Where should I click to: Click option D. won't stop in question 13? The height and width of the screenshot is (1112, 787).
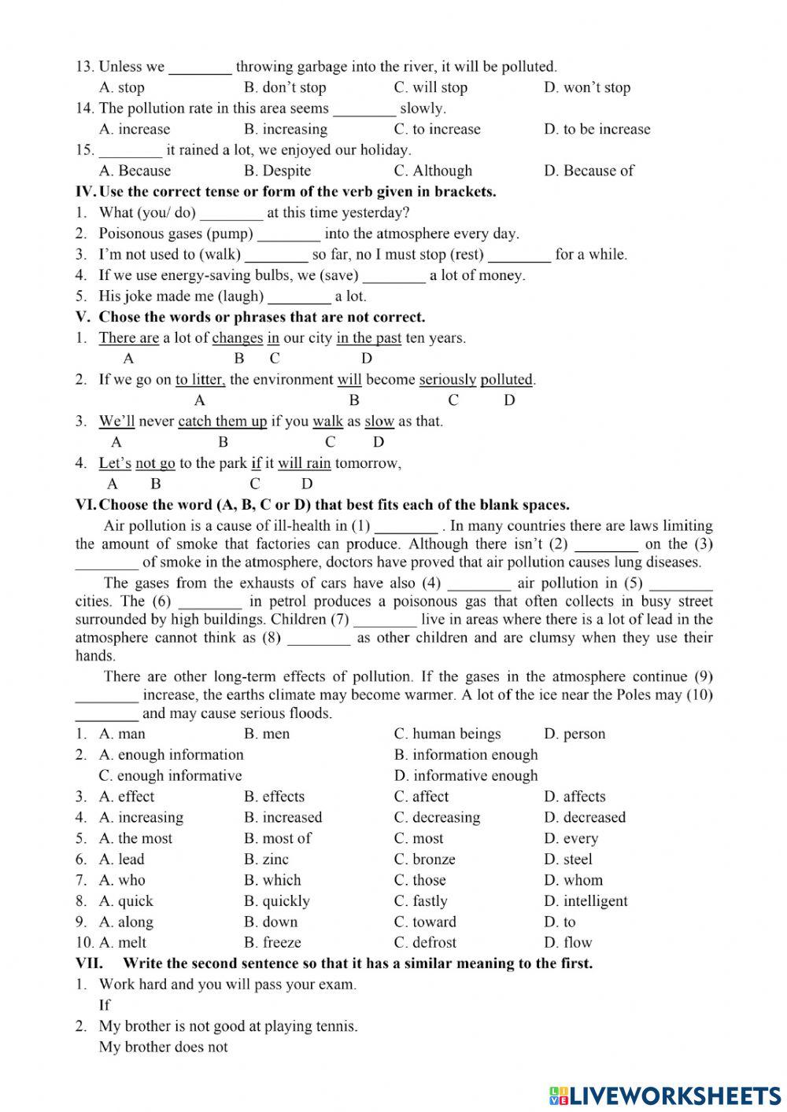pyautogui.click(x=586, y=87)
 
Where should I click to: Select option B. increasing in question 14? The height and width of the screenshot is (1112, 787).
pyautogui.click(x=285, y=129)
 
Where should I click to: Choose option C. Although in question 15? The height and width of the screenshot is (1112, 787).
pyautogui.click(x=433, y=171)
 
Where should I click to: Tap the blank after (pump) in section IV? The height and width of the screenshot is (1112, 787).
pyautogui.click(x=289, y=234)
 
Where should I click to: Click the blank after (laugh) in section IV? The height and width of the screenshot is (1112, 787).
pyautogui.click(x=299, y=296)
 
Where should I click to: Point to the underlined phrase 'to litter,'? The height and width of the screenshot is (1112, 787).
pyautogui.click(x=200, y=380)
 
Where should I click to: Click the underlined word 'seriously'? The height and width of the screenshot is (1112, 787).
pyautogui.click(x=447, y=380)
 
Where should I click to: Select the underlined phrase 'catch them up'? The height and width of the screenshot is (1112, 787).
pyautogui.click(x=223, y=422)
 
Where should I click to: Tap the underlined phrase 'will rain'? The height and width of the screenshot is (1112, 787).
pyautogui.click(x=304, y=463)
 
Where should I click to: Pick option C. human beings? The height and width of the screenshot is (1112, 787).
pyautogui.click(x=447, y=734)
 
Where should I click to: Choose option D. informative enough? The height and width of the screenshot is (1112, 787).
pyautogui.click(x=466, y=775)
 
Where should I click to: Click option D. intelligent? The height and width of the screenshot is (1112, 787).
pyautogui.click(x=586, y=901)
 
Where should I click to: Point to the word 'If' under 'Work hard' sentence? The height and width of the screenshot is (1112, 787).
pyautogui.click(x=105, y=1005)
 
